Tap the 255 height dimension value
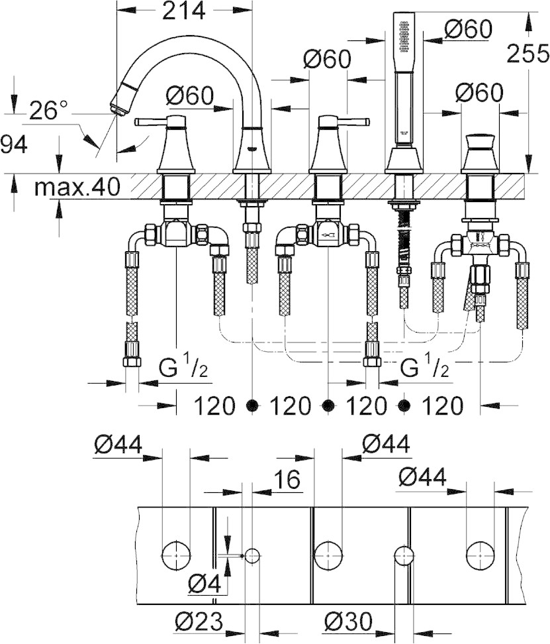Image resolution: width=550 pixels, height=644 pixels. click(528, 54)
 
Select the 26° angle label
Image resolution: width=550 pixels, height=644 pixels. click(49, 110)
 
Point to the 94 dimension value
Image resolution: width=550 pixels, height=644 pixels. click(14, 145)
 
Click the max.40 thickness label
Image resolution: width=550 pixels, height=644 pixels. click(77, 187)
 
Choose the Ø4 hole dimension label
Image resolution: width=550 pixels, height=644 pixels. click(205, 583)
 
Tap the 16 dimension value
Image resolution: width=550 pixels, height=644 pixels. click(287, 479)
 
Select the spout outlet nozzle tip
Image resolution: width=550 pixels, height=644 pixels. click(116, 108)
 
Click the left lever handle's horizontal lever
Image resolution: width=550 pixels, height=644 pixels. click(153, 122)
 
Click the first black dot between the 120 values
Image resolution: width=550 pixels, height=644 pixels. click(253, 405)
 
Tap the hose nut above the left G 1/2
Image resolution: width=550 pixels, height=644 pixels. click(132, 360)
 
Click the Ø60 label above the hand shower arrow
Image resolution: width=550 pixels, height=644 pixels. click(468, 29)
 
